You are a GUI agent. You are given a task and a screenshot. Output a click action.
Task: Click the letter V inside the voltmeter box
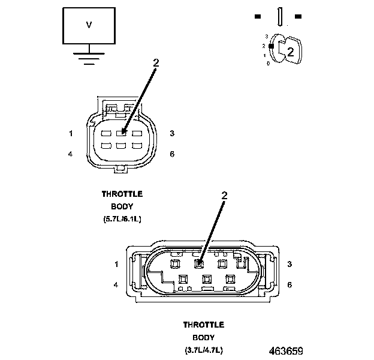pyautogui.click(x=89, y=25)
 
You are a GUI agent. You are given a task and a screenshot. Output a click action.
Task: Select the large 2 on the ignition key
pyautogui.click(x=290, y=52)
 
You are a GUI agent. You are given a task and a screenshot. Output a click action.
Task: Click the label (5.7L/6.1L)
pyautogui.click(x=122, y=219)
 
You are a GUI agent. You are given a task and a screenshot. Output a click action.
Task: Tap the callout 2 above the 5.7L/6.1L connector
pyautogui.click(x=156, y=62)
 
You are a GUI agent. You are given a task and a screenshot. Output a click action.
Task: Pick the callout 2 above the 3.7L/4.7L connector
pyautogui.click(x=225, y=195)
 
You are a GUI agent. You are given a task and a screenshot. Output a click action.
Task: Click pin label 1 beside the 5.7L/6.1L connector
pyautogui.click(x=71, y=133)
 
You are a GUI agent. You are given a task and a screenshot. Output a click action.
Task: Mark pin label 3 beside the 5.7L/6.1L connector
pyautogui.click(x=172, y=133)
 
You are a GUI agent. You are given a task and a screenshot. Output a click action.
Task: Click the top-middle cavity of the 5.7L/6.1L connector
pyautogui.click(x=122, y=133)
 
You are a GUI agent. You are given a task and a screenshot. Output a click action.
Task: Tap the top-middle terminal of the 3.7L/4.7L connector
pyautogui.click(x=198, y=263)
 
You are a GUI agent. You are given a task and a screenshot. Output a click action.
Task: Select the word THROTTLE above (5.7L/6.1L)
pyautogui.click(x=122, y=194)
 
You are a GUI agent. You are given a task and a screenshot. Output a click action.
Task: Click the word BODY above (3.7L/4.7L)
pyautogui.click(x=204, y=337)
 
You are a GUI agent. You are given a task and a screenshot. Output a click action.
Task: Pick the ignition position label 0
pyautogui.click(x=268, y=63)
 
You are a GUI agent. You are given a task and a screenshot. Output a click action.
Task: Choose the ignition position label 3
pyautogui.click(x=266, y=37)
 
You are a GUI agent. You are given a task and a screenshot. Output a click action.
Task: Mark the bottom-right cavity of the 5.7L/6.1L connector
pyautogui.click(x=137, y=146)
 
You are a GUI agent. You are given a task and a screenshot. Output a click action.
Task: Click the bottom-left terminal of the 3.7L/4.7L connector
pyautogui.click(x=184, y=278)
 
